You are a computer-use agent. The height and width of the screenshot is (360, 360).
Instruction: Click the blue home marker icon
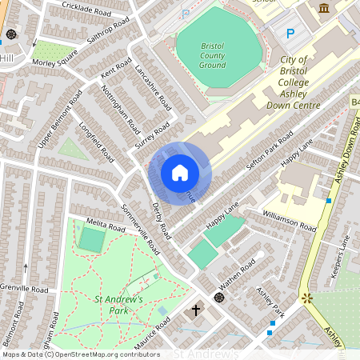pos(180,173)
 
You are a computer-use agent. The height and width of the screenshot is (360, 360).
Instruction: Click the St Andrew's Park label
pos(118,305)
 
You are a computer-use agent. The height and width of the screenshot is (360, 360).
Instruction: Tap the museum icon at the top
pos(324,8)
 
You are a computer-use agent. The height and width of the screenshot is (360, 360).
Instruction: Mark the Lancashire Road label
pos(153,88)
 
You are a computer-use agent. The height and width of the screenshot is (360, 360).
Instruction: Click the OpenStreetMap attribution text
pos(81,354)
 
